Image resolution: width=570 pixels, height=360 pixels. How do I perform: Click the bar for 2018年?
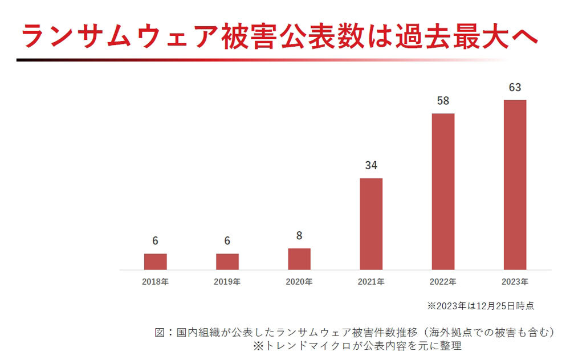(x=155, y=261)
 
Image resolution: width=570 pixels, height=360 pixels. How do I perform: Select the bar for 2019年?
(x=227, y=261)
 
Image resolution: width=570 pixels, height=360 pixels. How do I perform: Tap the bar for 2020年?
(x=299, y=259)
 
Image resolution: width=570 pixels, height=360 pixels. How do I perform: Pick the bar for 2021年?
(x=371, y=224)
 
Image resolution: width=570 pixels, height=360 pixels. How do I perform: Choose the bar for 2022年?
(x=443, y=191)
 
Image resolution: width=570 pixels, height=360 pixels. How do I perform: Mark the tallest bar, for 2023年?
(x=515, y=185)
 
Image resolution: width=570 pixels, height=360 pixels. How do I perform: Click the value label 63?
(x=515, y=88)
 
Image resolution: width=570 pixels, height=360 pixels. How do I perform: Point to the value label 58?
(x=443, y=101)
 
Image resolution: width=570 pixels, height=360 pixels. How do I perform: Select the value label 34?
(x=371, y=166)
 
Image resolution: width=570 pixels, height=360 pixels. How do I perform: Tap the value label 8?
(x=299, y=235)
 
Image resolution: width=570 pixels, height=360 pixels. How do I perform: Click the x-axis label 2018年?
(x=155, y=281)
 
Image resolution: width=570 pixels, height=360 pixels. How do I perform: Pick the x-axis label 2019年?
(x=227, y=281)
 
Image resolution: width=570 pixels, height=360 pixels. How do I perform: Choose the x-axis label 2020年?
(x=299, y=281)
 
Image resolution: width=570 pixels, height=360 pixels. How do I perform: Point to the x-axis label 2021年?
(x=371, y=281)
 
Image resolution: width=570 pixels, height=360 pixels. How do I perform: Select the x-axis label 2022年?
(x=443, y=281)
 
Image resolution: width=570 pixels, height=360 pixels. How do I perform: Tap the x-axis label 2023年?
(x=515, y=281)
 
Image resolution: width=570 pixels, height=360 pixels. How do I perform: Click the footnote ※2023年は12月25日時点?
(x=481, y=306)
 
